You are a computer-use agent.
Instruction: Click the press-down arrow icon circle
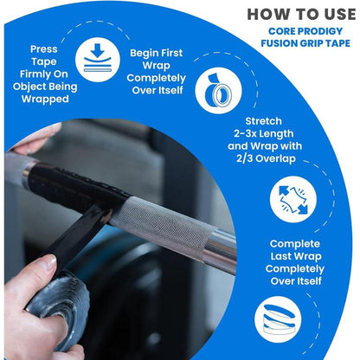(97, 61)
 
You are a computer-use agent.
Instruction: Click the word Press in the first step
(44, 50)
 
